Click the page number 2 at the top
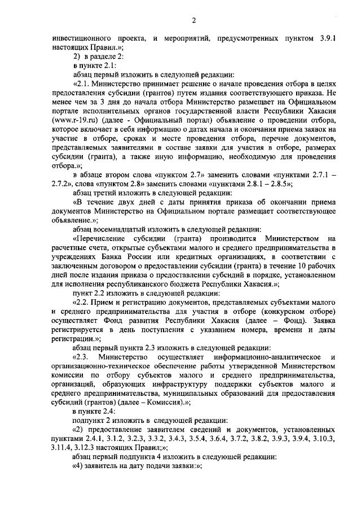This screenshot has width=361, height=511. pyautogui.click(x=193, y=21)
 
